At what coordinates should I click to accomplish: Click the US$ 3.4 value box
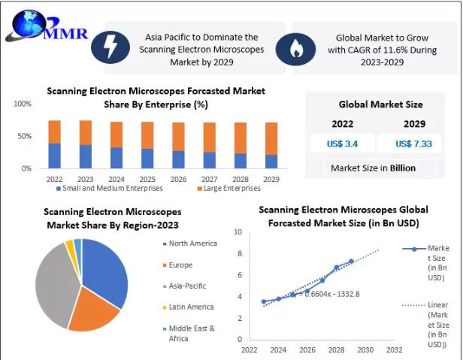point(341,141)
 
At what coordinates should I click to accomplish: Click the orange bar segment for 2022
point(55,132)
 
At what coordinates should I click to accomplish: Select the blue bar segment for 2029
point(271,162)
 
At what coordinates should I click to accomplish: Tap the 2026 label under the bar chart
point(177,180)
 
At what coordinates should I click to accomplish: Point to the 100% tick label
point(23,104)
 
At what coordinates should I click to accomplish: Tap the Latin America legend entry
point(190,307)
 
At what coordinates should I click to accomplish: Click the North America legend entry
point(192,244)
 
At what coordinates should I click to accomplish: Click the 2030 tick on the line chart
point(365,349)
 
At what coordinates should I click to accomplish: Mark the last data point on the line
point(351,262)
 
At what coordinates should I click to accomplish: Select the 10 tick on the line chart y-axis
point(238,233)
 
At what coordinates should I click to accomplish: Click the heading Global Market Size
point(380,104)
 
